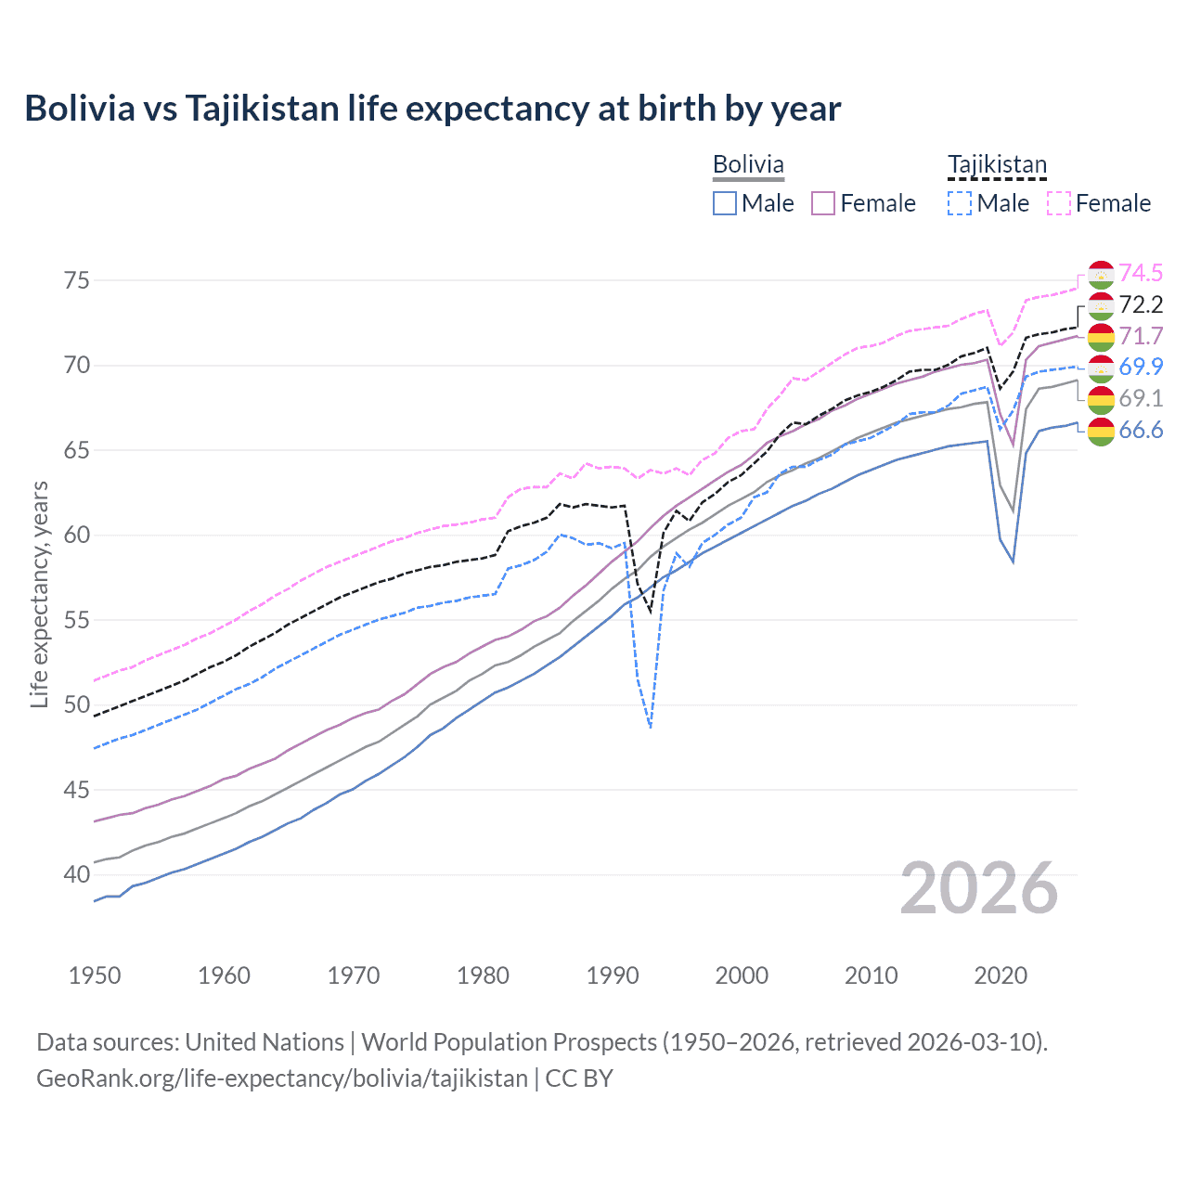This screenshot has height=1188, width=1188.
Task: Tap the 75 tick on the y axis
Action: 77,280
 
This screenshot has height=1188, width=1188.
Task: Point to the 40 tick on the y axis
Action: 77,874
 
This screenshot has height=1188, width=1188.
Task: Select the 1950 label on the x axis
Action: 95,975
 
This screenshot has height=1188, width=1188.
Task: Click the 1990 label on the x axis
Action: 613,975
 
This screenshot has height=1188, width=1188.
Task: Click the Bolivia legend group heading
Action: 748,164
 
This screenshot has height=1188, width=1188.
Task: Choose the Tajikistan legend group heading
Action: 997,164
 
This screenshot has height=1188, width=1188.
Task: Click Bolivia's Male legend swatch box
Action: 725,203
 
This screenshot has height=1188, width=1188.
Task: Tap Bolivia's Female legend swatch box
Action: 823,203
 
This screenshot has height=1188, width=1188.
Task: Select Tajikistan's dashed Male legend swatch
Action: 960,203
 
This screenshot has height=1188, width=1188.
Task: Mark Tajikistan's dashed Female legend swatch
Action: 1058,203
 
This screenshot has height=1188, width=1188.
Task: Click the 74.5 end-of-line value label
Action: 1141,273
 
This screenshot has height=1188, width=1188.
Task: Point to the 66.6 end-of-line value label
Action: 1141,430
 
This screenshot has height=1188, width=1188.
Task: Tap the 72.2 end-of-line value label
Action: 1141,304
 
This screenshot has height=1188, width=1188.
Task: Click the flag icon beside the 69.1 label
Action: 1101,399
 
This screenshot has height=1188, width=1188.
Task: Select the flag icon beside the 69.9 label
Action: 1101,368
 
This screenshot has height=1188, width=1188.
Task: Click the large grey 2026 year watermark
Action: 979,888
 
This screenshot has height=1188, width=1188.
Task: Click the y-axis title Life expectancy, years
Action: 39,594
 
